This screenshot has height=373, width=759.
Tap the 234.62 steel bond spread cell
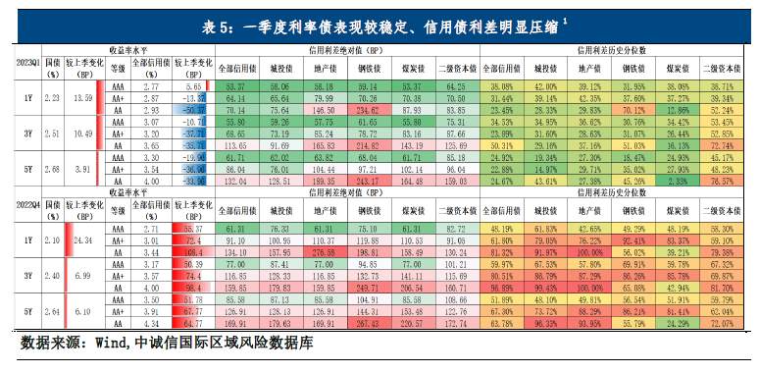pyautogui.click(x=370, y=111)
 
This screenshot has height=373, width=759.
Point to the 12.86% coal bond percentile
pyautogui.click(x=673, y=111)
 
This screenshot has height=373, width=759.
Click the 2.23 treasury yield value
pyautogui.click(x=53, y=98)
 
